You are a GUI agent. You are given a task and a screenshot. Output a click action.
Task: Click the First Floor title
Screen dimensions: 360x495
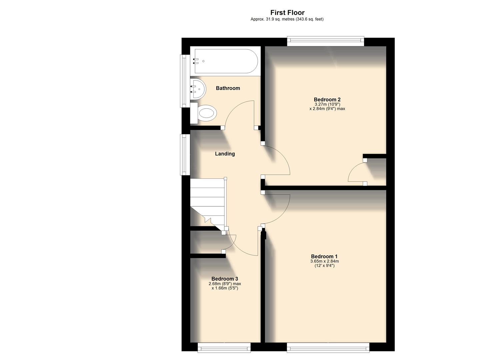pyautogui.click(x=287, y=13)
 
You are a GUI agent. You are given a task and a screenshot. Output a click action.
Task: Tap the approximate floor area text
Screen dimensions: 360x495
pyautogui.click(x=287, y=19)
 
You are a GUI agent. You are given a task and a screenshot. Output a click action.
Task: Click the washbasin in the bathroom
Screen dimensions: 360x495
pyautogui.click(x=197, y=89)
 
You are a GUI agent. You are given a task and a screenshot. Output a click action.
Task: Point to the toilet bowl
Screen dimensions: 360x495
pyautogui.click(x=207, y=113)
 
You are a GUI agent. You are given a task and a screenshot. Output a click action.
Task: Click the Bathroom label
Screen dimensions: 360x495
pyautogui.click(x=228, y=88)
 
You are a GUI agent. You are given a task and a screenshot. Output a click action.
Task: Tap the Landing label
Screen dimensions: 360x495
pyautogui.click(x=225, y=154)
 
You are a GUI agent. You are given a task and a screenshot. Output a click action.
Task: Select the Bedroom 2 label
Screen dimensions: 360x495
pyautogui.click(x=327, y=99)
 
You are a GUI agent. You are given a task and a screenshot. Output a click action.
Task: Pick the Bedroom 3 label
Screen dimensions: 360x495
pyautogui.click(x=225, y=279)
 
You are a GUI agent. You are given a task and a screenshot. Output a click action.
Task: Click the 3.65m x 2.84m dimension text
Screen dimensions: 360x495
pyautogui.click(x=324, y=261)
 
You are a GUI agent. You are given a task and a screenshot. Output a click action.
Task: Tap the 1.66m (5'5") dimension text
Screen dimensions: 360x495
pyautogui.click(x=225, y=288)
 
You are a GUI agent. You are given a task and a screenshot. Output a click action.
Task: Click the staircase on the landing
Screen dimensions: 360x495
pyautogui.click(x=207, y=203)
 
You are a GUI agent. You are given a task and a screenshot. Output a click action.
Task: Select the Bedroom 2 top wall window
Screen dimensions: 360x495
pyautogui.click(x=326, y=41)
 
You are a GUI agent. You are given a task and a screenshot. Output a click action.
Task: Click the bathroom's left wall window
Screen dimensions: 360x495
pyautogui.click(x=184, y=81)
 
